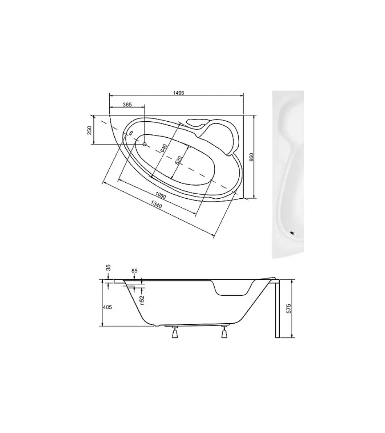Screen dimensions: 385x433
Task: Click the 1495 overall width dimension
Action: point(179,93)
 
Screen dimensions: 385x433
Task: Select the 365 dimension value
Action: point(127,104)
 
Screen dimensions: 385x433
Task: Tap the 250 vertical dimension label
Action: point(89,130)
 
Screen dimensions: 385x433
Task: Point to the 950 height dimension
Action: point(251,157)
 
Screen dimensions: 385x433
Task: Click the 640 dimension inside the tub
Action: point(164,149)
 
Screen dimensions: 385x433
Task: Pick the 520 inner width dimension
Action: point(179,161)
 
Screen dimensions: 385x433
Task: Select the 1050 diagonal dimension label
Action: point(161,195)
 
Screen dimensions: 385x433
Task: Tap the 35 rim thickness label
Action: point(108,268)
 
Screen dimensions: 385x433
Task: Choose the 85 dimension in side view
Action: point(134,271)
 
